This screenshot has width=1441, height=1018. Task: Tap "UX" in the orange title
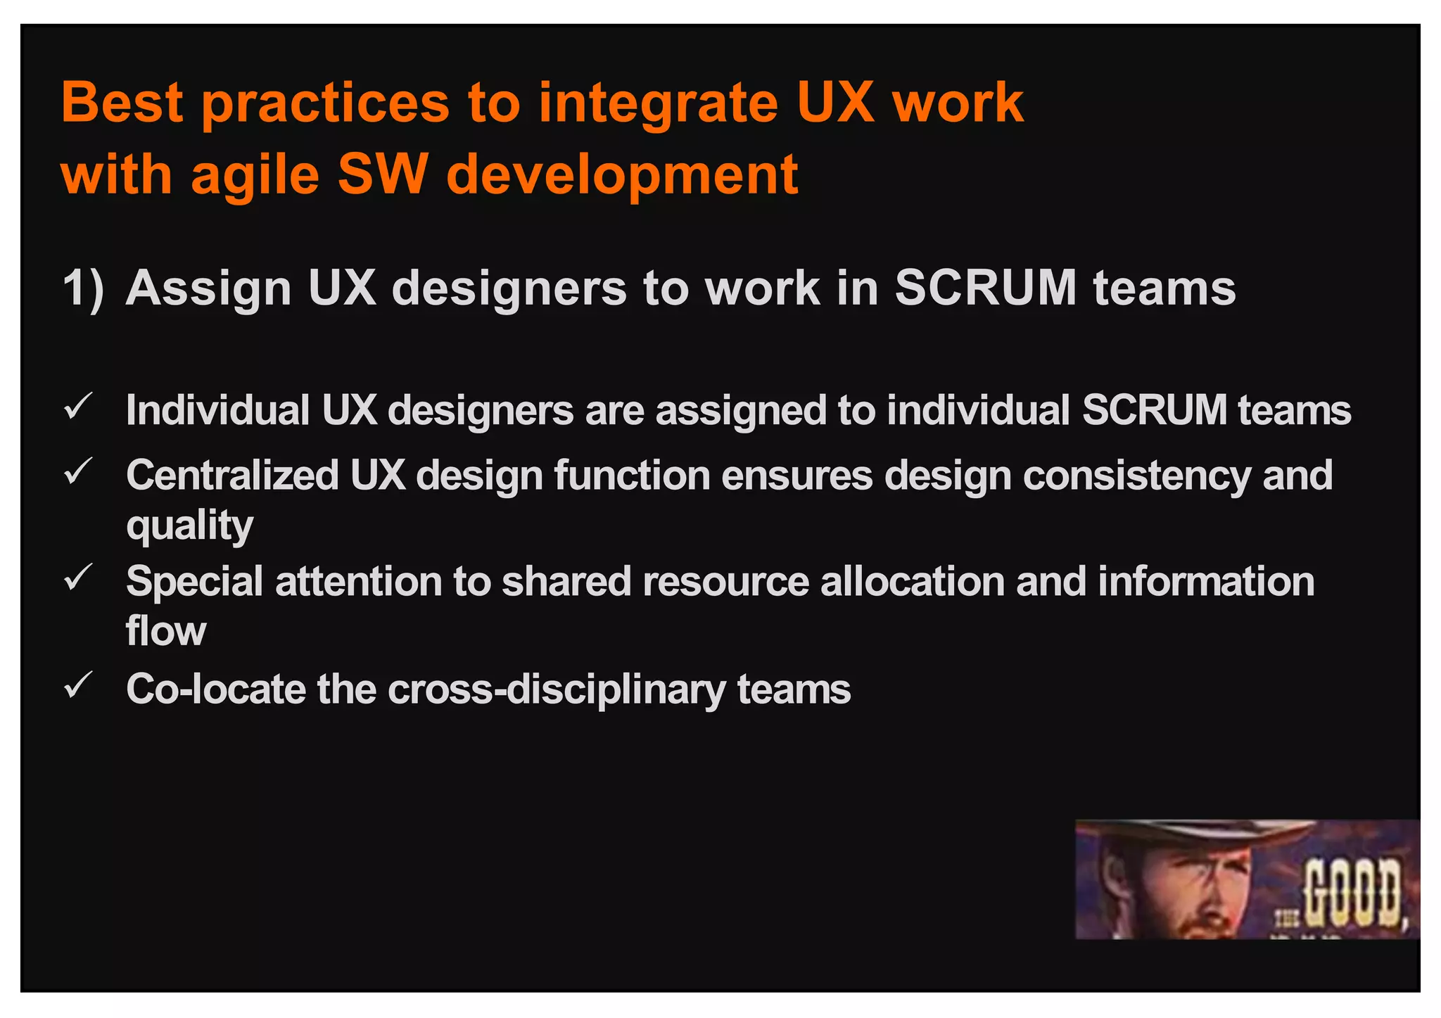click(837, 103)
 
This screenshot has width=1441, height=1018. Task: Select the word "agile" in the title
click(255, 175)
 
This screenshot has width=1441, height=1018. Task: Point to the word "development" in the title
click(622, 175)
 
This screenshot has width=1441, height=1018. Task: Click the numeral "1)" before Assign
click(83, 288)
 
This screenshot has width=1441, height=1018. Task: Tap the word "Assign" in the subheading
click(208, 288)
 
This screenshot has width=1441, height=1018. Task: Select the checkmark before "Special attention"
click(78, 578)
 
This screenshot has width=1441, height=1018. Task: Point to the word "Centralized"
click(233, 475)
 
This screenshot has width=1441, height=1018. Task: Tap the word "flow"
click(166, 630)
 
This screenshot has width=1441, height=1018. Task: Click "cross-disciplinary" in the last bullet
click(556, 689)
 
